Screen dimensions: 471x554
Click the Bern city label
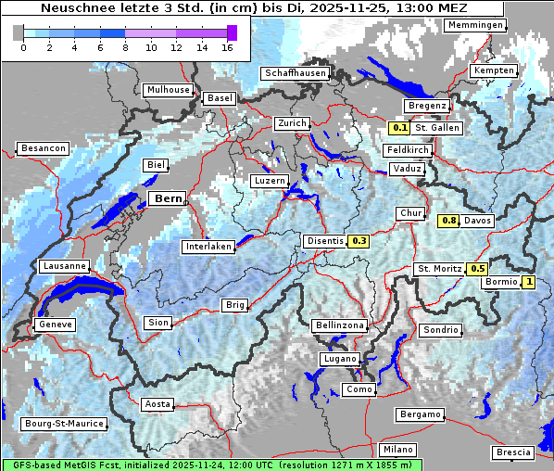(x=168, y=198)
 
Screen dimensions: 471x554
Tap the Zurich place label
(x=292, y=123)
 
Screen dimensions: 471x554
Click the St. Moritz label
(x=439, y=269)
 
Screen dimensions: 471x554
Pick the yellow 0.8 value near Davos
(x=448, y=220)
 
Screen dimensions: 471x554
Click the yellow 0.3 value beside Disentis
(x=359, y=241)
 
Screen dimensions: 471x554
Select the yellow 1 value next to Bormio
(x=529, y=282)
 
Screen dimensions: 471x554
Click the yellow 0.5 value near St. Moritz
(x=477, y=269)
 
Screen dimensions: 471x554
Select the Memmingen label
(x=475, y=24)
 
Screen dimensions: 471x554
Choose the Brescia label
(x=514, y=452)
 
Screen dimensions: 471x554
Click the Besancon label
(x=43, y=148)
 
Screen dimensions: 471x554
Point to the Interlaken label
(x=208, y=247)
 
